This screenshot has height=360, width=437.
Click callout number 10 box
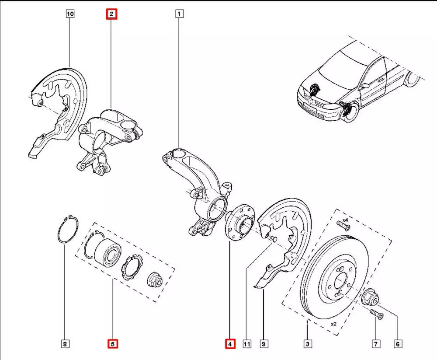tap(70, 14)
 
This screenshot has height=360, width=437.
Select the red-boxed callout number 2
tap(111, 14)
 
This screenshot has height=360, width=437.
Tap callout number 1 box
tap(179, 14)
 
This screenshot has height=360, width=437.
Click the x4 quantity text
tap(344, 219)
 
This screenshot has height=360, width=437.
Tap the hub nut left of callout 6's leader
tap(369, 299)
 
